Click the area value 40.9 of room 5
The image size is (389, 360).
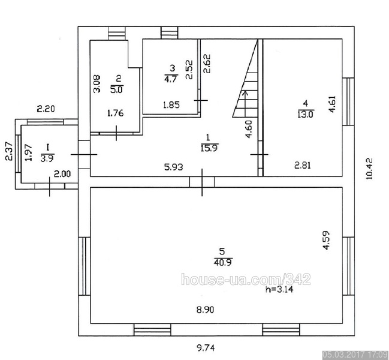pyautogui.click(x=222, y=263)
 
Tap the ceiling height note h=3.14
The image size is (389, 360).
pyautogui.click(x=279, y=289)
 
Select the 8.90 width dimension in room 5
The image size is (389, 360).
pyautogui.click(x=205, y=310)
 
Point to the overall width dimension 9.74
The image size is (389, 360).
pyautogui.click(x=206, y=348)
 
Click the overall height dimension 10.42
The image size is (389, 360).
pyautogui.click(x=369, y=169)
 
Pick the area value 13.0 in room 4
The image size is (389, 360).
pyautogui.click(x=306, y=114)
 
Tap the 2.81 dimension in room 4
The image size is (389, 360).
pyautogui.click(x=303, y=165)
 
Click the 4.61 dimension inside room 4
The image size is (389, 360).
pyautogui.click(x=332, y=104)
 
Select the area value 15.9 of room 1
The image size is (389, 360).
pyautogui.click(x=209, y=148)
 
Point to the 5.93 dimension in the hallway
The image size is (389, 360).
pyautogui.click(x=174, y=167)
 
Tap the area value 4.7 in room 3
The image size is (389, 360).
pyautogui.click(x=171, y=79)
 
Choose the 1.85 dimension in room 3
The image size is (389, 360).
pyautogui.click(x=171, y=105)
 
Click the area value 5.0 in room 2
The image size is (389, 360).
pyautogui.click(x=116, y=89)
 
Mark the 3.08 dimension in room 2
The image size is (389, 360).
pyautogui.click(x=97, y=83)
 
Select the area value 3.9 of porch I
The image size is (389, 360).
pyautogui.click(x=47, y=158)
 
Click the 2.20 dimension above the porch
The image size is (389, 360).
pyautogui.click(x=46, y=109)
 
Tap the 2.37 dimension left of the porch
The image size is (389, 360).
pyautogui.click(x=8, y=151)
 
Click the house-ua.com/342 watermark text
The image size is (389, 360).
pyautogui.click(x=246, y=280)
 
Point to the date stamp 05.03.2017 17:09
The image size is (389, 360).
pyautogui.click(x=355, y=354)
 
